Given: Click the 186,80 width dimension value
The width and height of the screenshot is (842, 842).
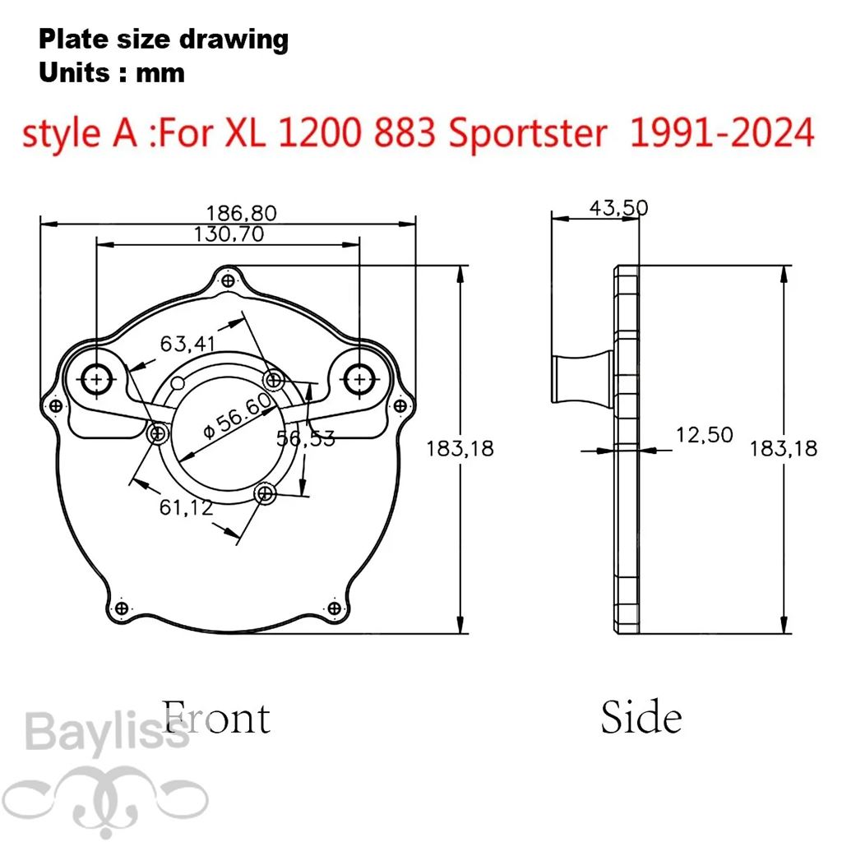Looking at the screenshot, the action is pyautogui.click(x=242, y=213).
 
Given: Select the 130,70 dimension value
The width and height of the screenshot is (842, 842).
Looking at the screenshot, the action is pyautogui.click(x=229, y=234).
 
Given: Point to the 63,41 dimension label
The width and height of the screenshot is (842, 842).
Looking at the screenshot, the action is pyautogui.click(x=187, y=344).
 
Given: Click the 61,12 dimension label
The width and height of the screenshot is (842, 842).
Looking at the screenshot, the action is pyautogui.click(x=186, y=507).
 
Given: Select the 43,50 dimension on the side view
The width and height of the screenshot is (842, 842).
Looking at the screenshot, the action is pyautogui.click(x=618, y=207).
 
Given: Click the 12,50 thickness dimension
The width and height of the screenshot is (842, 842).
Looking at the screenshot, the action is pyautogui.click(x=704, y=435).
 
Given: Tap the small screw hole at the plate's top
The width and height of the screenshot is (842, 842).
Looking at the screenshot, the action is pyautogui.click(x=229, y=280).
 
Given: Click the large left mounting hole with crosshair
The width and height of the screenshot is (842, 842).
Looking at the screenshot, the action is pyautogui.click(x=96, y=380).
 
